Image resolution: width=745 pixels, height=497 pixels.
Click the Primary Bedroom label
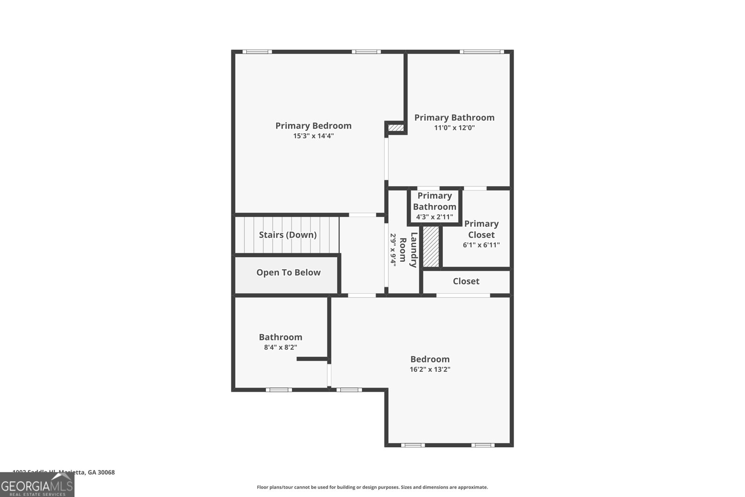[x=313, y=126]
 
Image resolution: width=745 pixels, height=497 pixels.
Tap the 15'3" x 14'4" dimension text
[x=313, y=136]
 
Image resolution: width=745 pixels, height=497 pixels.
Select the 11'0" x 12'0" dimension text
[x=454, y=128]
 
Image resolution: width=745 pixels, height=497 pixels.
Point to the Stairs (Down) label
[x=288, y=235]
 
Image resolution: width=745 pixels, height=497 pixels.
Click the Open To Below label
[x=288, y=272]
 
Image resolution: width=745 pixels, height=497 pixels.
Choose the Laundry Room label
[x=408, y=250]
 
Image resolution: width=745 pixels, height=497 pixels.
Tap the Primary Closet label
[x=481, y=229]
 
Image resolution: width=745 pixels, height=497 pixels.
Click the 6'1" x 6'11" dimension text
[x=481, y=245]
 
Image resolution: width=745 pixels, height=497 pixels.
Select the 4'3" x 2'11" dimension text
[x=434, y=217]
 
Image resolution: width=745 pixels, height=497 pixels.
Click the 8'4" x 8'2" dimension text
[x=280, y=347]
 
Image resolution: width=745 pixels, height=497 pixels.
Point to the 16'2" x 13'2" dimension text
[x=430, y=369]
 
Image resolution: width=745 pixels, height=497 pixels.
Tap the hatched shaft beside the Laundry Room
[x=431, y=247]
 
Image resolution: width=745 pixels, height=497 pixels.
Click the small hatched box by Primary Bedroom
[x=396, y=128]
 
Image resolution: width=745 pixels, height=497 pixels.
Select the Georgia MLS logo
[x=37, y=485]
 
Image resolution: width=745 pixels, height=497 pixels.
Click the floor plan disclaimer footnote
[x=372, y=487]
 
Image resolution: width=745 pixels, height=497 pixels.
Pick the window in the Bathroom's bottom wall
[x=279, y=390]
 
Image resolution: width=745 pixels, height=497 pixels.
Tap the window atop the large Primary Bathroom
[x=481, y=52]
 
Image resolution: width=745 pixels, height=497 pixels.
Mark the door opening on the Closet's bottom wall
[x=463, y=295]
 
